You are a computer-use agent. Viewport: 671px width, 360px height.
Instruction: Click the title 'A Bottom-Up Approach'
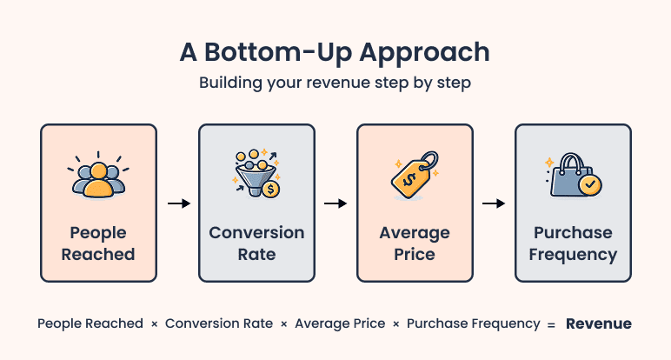click(x=335, y=51)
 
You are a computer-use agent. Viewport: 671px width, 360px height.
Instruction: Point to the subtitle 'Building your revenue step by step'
click(x=335, y=84)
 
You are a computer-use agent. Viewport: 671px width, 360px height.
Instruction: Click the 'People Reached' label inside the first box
click(x=98, y=244)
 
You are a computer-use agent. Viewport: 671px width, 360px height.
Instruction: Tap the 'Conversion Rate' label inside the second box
click(x=256, y=244)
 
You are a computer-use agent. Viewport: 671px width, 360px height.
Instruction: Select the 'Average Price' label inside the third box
click(x=415, y=244)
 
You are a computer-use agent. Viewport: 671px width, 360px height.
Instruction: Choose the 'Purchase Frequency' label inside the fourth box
click(x=573, y=244)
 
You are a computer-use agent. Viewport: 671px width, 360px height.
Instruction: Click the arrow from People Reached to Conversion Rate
click(x=178, y=203)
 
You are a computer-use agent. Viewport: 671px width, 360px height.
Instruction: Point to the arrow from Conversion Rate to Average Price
click(x=335, y=203)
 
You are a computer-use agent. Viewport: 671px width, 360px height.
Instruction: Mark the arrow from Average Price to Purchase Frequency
click(x=494, y=203)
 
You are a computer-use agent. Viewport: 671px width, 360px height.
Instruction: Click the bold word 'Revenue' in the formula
click(x=599, y=323)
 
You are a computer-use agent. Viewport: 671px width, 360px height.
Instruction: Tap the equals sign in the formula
click(x=550, y=324)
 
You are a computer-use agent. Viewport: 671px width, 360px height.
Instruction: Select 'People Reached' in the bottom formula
click(x=90, y=323)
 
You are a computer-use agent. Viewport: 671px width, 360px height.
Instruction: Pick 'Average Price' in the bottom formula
click(x=340, y=323)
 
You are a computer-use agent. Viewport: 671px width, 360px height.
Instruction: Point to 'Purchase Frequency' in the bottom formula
click(x=473, y=323)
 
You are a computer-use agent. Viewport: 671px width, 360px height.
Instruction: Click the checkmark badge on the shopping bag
click(x=589, y=184)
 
